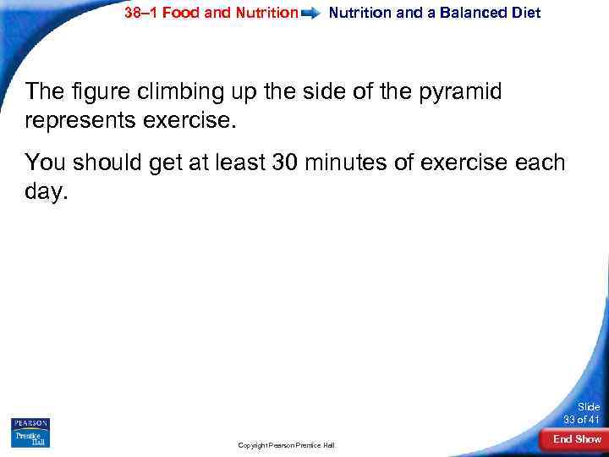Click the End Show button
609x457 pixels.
(577, 439)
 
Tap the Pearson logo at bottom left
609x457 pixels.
(30, 423)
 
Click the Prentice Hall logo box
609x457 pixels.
(30, 438)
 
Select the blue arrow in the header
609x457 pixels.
(313, 14)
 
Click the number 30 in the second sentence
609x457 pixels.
(287, 161)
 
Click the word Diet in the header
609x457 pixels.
(524, 13)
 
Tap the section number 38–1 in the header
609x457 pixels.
(140, 13)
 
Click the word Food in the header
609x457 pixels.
(182, 13)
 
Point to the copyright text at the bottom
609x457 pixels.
(286, 444)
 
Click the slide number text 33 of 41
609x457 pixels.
(582, 421)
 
